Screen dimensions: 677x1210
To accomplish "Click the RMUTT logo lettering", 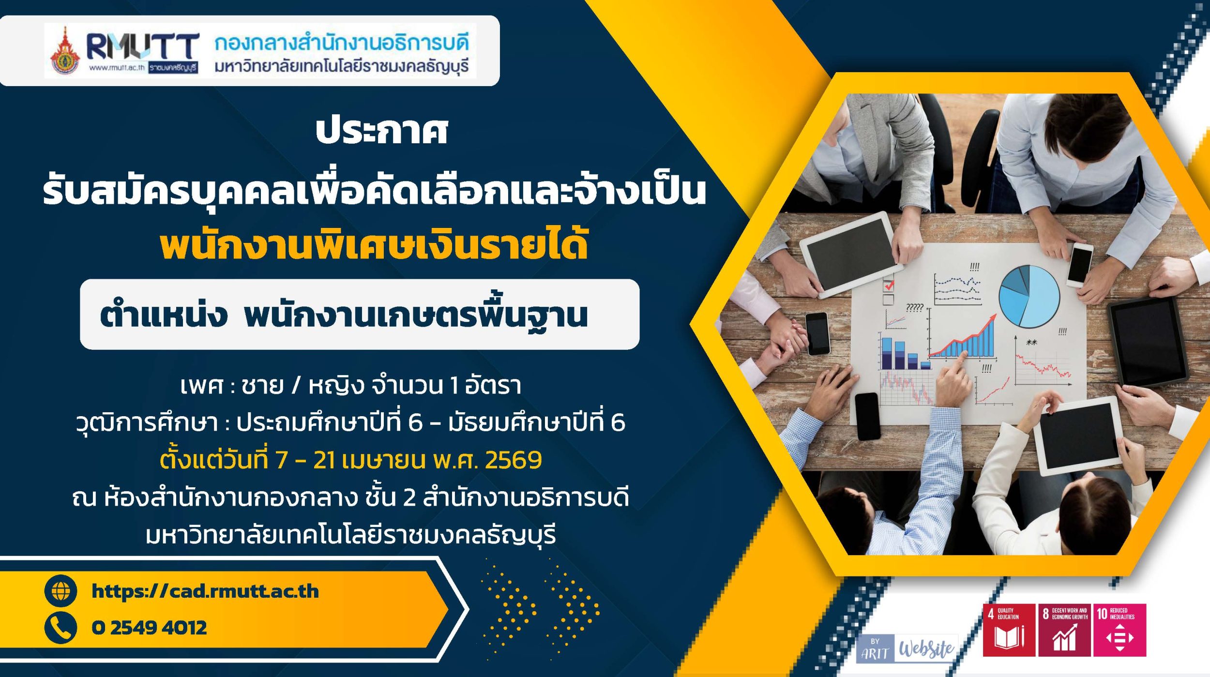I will [x=142, y=47].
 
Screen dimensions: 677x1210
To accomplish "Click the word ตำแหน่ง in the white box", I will [x=163, y=315].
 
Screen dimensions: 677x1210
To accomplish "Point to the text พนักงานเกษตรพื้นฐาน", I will [x=416, y=315].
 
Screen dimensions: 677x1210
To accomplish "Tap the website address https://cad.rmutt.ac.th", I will [x=205, y=591].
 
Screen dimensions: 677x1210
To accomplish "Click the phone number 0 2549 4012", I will [x=149, y=628].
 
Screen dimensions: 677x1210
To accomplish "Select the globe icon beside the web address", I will [x=60, y=591].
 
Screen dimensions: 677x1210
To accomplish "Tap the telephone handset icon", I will [x=60, y=628].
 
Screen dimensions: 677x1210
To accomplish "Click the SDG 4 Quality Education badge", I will [x=1009, y=630].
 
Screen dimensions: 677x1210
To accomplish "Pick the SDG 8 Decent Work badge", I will [x=1064, y=630].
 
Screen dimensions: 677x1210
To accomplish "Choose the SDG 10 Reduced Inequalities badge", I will [x=1119, y=630].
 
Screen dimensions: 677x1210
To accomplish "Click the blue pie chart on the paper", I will [x=1029, y=296].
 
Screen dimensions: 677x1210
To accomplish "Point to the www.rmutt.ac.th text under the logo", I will [x=117, y=68].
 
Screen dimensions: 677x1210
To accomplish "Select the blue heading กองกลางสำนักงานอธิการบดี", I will [x=342, y=43].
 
